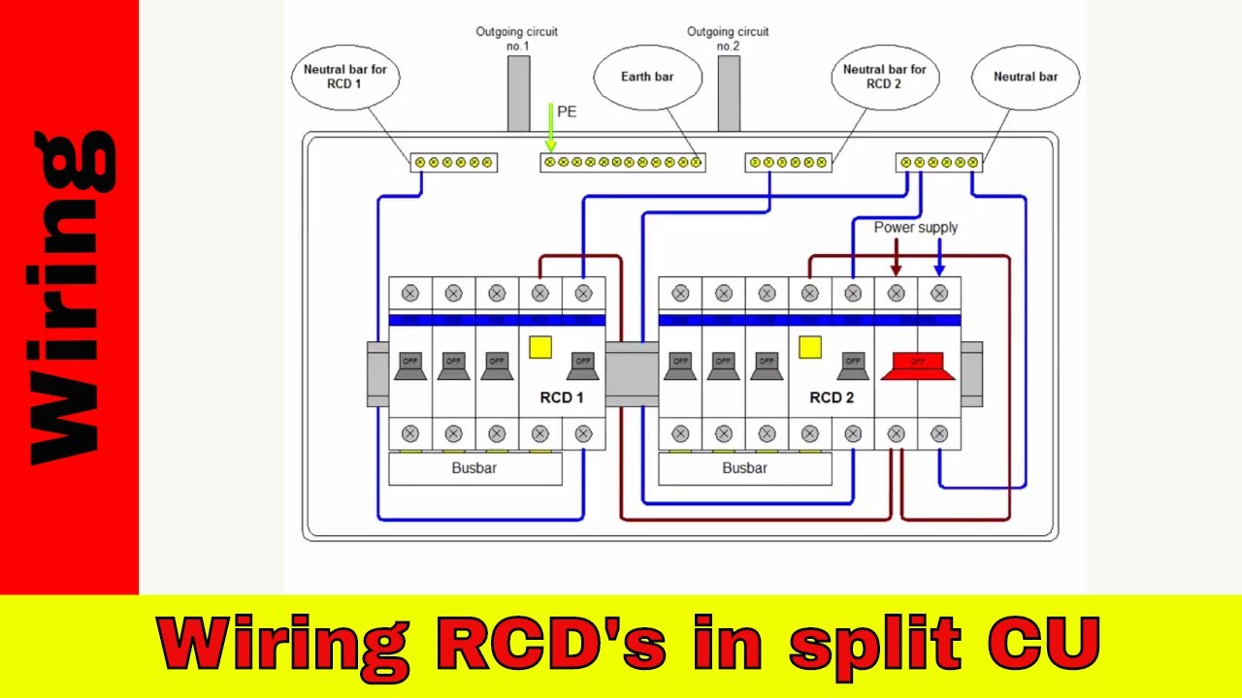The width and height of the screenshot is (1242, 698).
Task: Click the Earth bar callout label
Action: point(647,77)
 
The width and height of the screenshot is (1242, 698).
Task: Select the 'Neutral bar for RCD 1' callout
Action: point(344,77)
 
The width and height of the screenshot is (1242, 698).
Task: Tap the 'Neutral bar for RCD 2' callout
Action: point(884,77)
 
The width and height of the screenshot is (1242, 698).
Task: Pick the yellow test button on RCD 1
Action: point(540,347)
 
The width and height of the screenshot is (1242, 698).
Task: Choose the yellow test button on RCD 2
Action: point(810,347)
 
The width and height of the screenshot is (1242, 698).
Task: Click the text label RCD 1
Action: point(562,397)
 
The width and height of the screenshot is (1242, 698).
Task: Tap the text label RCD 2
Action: point(832,397)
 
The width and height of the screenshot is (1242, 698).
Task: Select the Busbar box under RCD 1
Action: point(474,468)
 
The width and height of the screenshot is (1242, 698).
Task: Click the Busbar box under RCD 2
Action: point(744,468)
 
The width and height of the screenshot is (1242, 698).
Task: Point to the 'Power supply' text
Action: point(915,227)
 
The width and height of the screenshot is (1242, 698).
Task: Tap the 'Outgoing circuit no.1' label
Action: point(516,39)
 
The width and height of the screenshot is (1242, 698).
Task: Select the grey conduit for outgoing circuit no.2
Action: point(729,93)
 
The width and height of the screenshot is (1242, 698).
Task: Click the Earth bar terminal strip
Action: point(622,162)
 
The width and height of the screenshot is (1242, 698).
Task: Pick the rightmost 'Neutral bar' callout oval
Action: point(1025,77)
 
